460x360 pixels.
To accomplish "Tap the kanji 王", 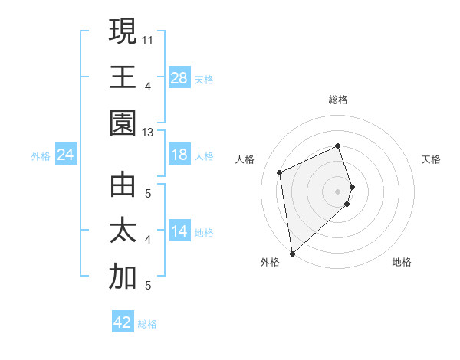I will [x=123, y=77].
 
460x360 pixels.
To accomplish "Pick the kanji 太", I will [x=123, y=231].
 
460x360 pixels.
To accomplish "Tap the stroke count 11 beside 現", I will [x=147, y=38].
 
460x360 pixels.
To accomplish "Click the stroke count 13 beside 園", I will [x=147, y=132].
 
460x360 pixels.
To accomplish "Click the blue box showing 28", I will [x=179, y=77].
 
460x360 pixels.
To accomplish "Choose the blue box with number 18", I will [x=179, y=155].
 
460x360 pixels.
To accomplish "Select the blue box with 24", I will [x=66, y=155].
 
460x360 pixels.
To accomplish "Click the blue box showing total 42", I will [x=123, y=322].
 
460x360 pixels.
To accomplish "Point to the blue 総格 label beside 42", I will [x=147, y=324].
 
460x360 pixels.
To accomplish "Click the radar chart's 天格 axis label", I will [x=432, y=159].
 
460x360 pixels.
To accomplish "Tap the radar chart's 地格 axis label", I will [x=402, y=262].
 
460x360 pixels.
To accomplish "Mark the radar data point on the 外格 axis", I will [x=292, y=254].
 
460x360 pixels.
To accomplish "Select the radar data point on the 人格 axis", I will [x=280, y=172].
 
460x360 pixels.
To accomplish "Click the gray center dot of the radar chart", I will [x=338, y=191].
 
